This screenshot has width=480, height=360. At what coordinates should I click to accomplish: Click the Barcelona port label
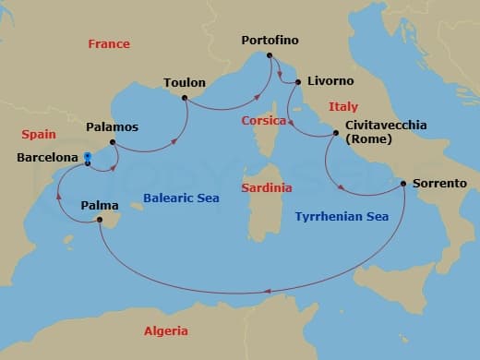(46, 158)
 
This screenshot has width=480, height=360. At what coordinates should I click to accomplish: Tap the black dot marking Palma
(99, 219)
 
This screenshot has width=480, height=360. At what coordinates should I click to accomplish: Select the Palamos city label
(112, 126)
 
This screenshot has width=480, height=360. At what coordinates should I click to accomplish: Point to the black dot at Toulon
(185, 97)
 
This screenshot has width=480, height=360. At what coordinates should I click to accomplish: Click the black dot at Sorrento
(404, 184)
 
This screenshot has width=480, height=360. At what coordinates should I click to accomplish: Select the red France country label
(109, 44)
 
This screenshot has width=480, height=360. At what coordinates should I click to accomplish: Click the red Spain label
(39, 134)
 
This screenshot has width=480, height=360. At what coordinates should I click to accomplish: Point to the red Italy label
(342, 107)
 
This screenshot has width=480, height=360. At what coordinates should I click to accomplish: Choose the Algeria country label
(166, 330)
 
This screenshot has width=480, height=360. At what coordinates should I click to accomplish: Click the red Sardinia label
(267, 187)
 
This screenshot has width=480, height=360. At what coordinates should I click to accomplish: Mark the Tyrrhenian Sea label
(341, 217)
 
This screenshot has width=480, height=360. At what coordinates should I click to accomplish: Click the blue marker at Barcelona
(87, 156)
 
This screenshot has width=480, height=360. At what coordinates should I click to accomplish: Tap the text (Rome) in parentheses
(367, 140)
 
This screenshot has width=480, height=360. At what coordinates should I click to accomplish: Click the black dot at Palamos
(113, 142)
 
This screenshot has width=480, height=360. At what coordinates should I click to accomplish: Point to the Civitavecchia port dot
(336, 135)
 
